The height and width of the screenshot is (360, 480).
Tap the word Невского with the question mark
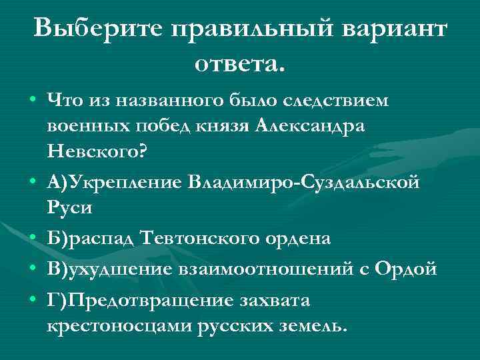97,151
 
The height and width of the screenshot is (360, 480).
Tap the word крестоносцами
121,326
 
